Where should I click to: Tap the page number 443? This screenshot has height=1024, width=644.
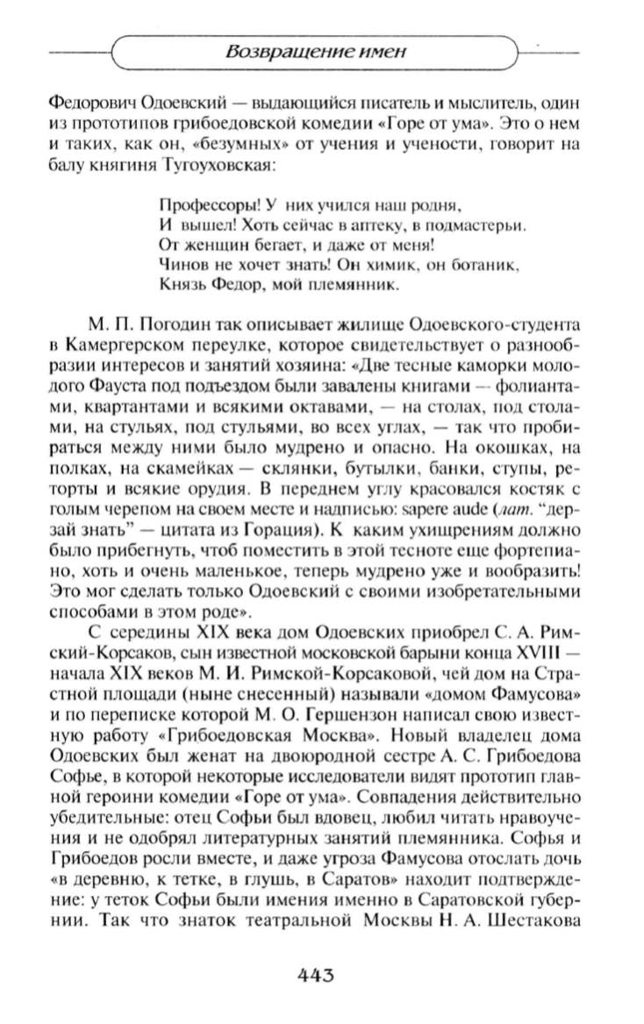click(320, 976)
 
